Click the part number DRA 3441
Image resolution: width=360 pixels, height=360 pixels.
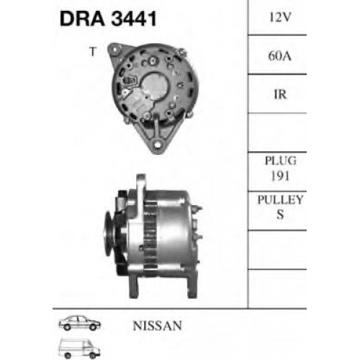click(x=108, y=19)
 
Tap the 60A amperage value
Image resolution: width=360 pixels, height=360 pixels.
click(x=280, y=56)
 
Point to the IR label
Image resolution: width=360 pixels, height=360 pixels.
click(x=280, y=94)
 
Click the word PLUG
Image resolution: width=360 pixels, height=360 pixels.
click(x=280, y=161)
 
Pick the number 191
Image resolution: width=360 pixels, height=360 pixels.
click(x=280, y=176)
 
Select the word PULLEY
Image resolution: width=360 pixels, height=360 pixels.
click(x=280, y=199)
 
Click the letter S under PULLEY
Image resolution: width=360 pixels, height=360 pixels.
click(x=280, y=215)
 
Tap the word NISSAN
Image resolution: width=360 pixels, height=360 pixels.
click(x=158, y=325)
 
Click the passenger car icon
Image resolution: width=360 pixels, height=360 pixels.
click(x=80, y=323)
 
